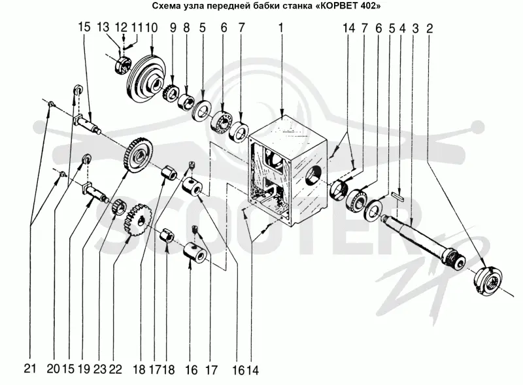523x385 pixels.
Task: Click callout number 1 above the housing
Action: tap(281, 28)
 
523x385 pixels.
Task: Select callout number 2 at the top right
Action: tap(430, 29)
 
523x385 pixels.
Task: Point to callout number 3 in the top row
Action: tap(415, 29)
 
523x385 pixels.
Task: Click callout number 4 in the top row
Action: tap(403, 29)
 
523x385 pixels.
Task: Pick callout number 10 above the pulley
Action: tap(152, 27)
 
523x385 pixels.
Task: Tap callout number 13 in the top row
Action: tap(104, 27)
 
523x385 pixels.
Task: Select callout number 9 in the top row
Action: tap(173, 27)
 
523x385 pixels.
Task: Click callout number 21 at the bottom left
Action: tap(30, 369)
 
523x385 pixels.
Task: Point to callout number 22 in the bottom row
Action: tap(115, 369)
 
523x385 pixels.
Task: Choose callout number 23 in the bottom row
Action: tap(99, 369)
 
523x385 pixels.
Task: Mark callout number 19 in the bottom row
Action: tap(84, 369)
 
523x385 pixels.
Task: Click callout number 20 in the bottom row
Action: tap(54, 369)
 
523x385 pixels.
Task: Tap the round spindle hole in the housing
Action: tap(314, 176)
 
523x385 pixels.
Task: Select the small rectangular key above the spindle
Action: tap(398, 196)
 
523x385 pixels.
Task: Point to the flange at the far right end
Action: tap(488, 280)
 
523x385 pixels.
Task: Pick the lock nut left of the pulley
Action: tap(122, 65)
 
